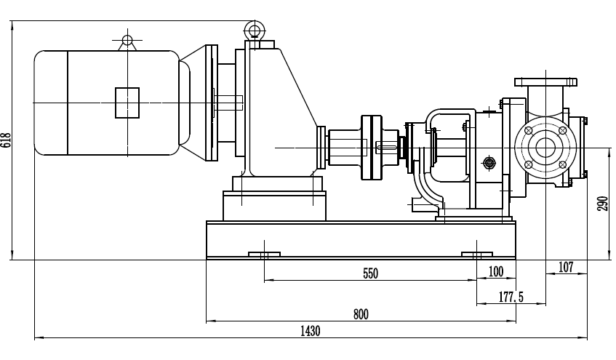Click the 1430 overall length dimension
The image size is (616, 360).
pos(310,331)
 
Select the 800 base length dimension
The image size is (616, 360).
pos(361,314)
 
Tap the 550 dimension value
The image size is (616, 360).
pos(371,273)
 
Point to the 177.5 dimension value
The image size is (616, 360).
pos(512,297)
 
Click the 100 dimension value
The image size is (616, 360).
pos(496,272)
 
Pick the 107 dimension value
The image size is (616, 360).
pos(567,268)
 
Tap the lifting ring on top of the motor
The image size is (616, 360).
pos(127,41)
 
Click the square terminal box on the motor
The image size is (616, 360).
pos(127,102)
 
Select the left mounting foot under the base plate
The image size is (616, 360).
pos(265,255)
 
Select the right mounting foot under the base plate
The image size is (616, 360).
pos(477,255)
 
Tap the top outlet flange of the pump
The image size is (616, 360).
pos(545,81)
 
